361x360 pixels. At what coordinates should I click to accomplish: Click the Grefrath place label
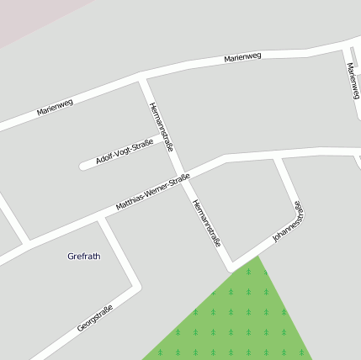[x=83, y=256]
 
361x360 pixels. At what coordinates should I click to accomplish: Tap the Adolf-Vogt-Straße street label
[x=125, y=152]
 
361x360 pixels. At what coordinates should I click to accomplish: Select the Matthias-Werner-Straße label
[x=152, y=193]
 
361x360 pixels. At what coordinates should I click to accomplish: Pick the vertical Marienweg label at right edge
[x=353, y=79]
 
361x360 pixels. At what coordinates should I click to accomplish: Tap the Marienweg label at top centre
[x=242, y=57]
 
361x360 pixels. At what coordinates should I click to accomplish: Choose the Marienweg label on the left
[x=55, y=107]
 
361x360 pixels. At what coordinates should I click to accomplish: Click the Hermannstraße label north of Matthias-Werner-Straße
[x=161, y=126]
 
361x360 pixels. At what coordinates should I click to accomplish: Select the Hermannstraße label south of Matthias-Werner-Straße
[x=205, y=223]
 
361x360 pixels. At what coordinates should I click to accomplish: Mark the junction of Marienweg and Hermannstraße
[x=142, y=81]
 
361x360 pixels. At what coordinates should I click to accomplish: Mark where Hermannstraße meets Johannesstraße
[x=231, y=267]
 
